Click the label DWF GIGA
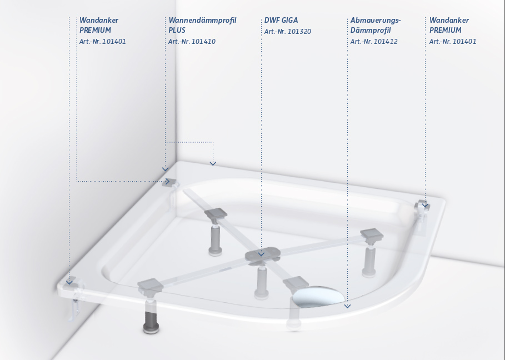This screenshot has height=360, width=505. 281,20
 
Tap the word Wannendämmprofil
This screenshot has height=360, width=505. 202,21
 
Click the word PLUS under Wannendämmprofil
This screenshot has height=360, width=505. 177,30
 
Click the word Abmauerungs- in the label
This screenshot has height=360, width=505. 376,21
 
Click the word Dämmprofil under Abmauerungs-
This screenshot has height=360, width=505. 371,30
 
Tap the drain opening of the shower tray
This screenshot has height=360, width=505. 318,296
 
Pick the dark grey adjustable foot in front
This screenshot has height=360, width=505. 151,321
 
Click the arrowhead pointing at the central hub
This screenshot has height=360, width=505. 261,254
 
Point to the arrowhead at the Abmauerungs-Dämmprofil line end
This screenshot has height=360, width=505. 347,306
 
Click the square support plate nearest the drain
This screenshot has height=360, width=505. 296,283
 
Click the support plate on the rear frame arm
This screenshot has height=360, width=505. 216,214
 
